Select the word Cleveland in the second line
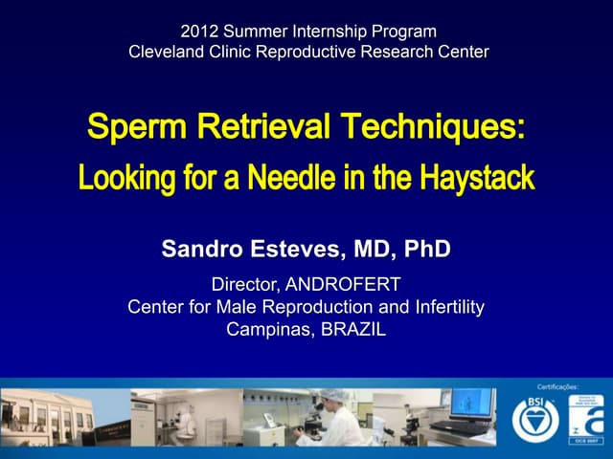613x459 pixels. click(x=166, y=52)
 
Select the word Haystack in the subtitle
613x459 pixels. click(x=473, y=178)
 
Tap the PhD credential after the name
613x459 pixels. click(x=423, y=251)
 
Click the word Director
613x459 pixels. click(x=244, y=284)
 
